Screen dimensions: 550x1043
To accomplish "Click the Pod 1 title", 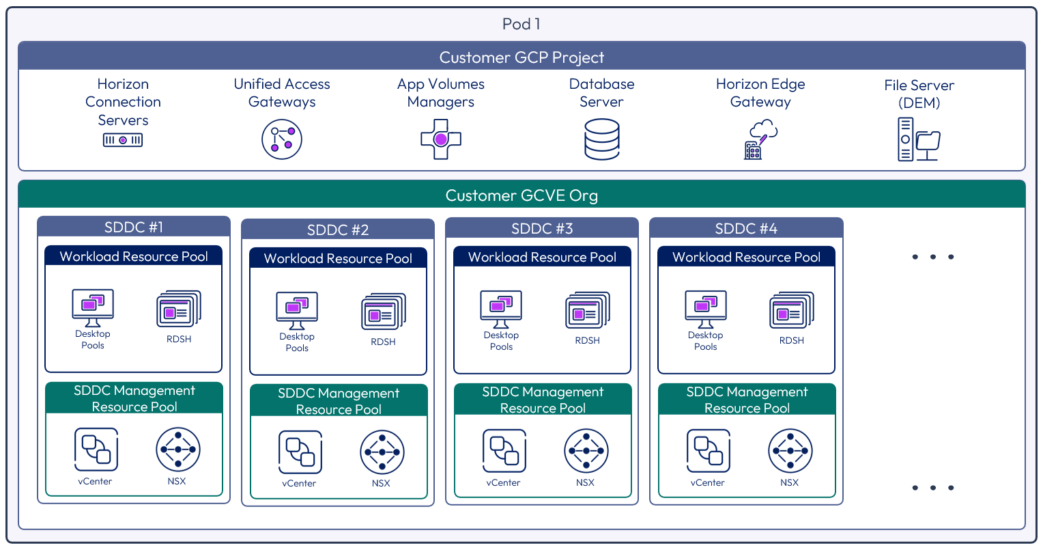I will (x=521, y=24).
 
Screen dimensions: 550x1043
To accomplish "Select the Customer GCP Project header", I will (x=521, y=57).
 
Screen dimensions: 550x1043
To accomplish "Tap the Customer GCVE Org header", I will (x=521, y=195).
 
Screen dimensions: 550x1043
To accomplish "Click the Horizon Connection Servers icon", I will (x=123, y=140).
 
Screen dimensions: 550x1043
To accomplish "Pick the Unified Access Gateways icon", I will (x=282, y=139).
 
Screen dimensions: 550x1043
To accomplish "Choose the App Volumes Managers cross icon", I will (x=441, y=139).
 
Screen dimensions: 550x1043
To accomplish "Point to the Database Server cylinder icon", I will (x=602, y=139).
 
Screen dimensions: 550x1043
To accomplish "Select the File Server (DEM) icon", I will (x=919, y=139).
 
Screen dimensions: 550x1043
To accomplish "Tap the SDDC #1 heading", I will (x=134, y=227).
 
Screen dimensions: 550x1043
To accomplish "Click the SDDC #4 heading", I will (x=746, y=228).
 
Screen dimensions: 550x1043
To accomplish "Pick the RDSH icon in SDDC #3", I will (x=588, y=311).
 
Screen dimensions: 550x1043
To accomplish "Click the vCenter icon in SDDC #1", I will (x=96, y=450).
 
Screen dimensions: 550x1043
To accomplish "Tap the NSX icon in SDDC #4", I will (x=790, y=451).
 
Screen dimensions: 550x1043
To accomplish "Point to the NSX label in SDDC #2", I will (x=381, y=483).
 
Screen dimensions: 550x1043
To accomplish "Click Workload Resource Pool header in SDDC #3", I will (x=542, y=257).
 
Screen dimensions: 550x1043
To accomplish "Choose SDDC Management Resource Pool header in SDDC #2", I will (x=339, y=401).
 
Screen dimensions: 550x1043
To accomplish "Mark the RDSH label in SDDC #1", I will (x=179, y=339).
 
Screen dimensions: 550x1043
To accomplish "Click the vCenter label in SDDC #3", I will (x=503, y=482).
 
